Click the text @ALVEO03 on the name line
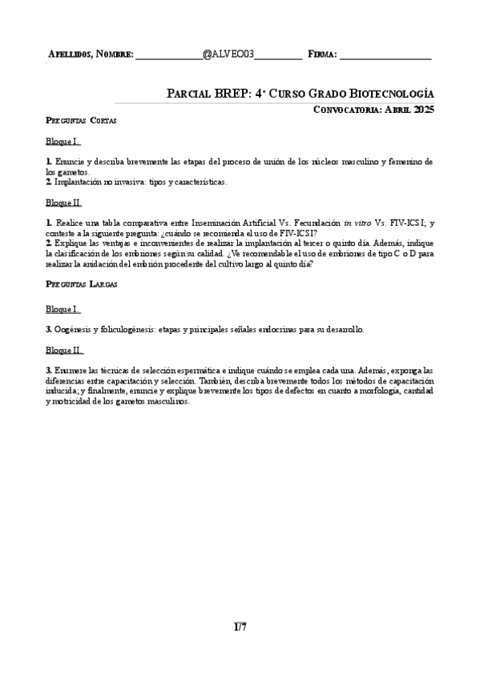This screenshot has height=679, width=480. point(228,54)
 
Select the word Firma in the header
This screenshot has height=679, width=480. point(321,55)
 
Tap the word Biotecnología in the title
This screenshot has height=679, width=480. point(389,93)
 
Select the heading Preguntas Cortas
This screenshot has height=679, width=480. point(81,121)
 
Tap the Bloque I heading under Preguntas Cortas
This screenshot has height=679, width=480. point(63,142)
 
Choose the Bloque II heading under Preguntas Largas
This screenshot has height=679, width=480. point(64,350)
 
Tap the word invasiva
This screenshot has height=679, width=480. point(117,182)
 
